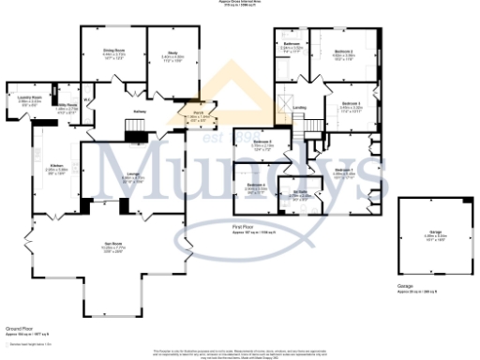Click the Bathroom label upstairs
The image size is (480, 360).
coord(291,44)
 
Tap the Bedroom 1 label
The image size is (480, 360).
coord(344,170)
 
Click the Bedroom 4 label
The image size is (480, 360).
coord(257,185)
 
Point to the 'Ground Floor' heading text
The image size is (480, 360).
coord(20,328)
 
